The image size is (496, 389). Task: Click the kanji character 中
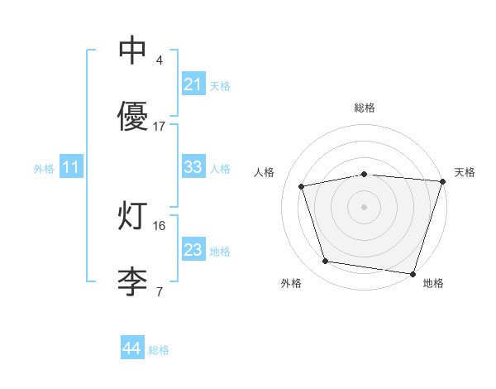[133, 51]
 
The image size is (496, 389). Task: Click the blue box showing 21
[193, 84]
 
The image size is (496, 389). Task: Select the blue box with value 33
[193, 167]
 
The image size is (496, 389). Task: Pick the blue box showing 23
[193, 250]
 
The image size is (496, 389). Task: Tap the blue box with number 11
[70, 168]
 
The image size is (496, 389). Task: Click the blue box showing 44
[131, 348]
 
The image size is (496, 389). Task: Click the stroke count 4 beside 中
[159, 60]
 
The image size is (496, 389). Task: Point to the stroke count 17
[160, 126]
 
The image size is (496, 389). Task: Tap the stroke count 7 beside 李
[159, 291]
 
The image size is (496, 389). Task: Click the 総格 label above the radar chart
[365, 108]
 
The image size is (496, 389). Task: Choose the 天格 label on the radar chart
[465, 172]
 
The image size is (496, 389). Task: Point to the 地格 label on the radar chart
[433, 283]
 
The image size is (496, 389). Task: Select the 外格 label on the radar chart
[291, 283]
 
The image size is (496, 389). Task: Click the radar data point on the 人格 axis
[302, 186]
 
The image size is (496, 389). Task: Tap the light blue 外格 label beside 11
[44, 169]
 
